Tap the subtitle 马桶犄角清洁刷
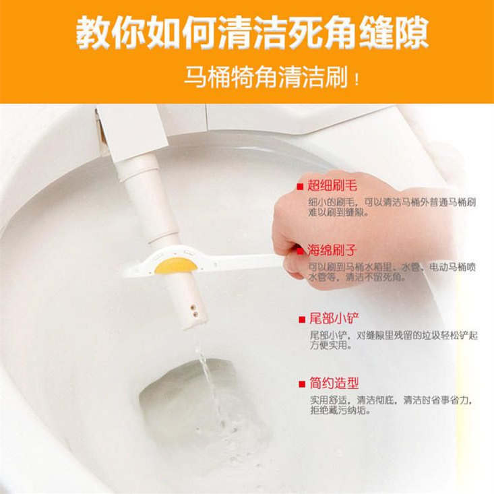pyautogui.click(x=266, y=78)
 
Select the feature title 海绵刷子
pyautogui.click(x=332, y=251)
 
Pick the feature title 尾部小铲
pyautogui.click(x=332, y=319)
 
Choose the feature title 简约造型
pyautogui.click(x=332, y=383)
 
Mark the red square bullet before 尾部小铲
pyautogui.click(x=300, y=319)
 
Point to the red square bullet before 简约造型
pyautogui.click(x=300, y=384)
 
